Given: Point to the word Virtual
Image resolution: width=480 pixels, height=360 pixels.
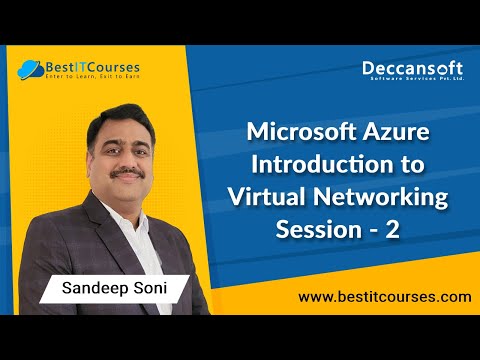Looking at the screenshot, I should point(298,199).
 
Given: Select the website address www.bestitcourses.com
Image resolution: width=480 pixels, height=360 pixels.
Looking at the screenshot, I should point(384,297).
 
